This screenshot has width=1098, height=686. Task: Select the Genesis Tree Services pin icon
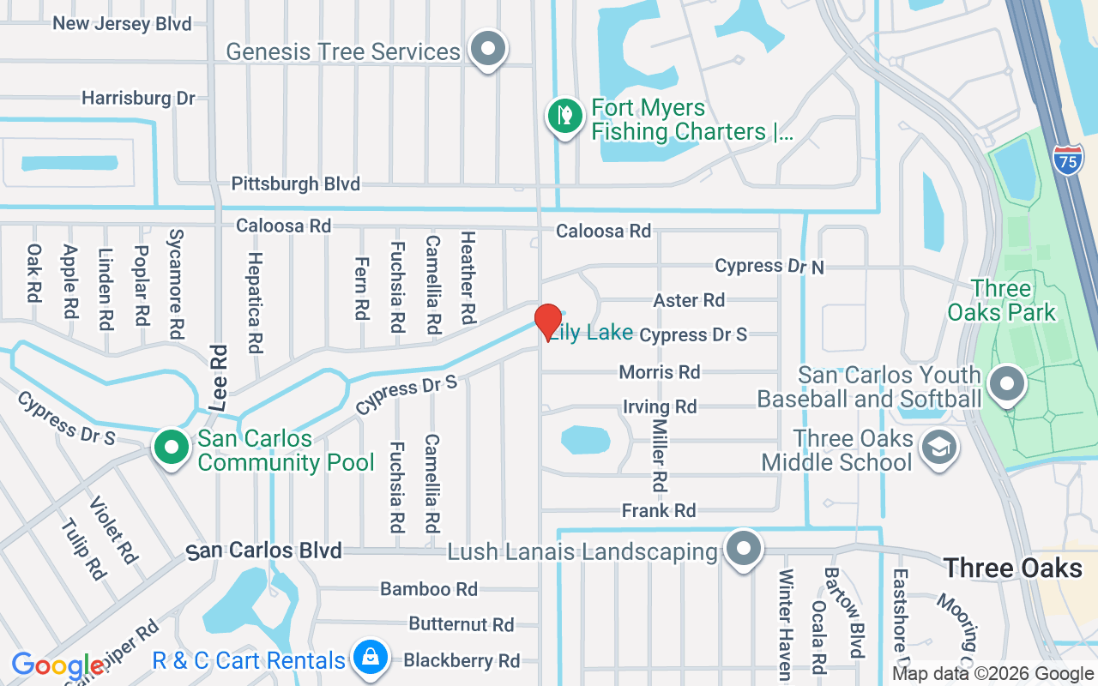pyautogui.click(x=489, y=49)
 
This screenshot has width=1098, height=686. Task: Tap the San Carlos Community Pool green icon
pyautogui.click(x=172, y=448)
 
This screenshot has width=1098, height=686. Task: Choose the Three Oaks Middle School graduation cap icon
pyautogui.click(x=938, y=448)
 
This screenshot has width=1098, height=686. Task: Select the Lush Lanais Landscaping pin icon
pyautogui.click(x=743, y=549)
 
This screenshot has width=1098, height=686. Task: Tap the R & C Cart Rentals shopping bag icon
pyautogui.click(x=370, y=659)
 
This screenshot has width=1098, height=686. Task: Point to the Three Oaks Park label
pyautogui.click(x=1001, y=300)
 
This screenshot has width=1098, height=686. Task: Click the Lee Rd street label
pyautogui.click(x=219, y=377)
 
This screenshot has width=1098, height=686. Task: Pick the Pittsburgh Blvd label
pyautogui.click(x=295, y=184)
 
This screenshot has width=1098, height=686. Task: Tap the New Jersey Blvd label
pyautogui.click(x=122, y=23)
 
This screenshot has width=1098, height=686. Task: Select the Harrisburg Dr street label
pyautogui.click(x=138, y=98)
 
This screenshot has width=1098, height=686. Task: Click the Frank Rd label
pyautogui.click(x=659, y=511)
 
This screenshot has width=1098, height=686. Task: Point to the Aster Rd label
pyautogui.click(x=689, y=300)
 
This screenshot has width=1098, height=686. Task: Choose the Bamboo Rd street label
pyautogui.click(x=429, y=589)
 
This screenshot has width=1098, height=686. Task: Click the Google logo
pyautogui.click(x=58, y=665)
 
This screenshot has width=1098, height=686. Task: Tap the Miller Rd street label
pyautogui.click(x=659, y=454)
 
